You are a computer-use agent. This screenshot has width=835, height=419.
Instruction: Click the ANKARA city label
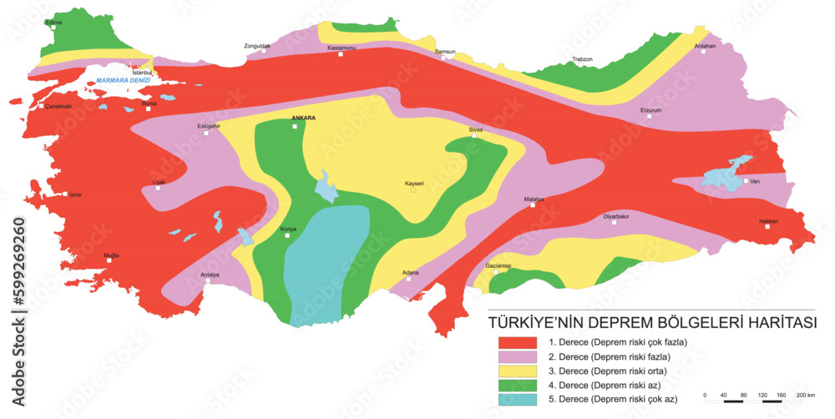point(303,119)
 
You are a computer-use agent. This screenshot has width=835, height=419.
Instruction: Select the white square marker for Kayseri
point(412,191)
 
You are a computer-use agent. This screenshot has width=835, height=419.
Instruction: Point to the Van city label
point(755,181)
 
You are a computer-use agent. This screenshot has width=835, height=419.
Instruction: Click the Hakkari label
point(768,221)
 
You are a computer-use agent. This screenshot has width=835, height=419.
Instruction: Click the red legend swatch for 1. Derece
point(517,342)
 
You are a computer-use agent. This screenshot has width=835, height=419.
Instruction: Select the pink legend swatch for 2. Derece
point(517,356)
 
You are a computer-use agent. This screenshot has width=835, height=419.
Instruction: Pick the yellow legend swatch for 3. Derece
point(517,371)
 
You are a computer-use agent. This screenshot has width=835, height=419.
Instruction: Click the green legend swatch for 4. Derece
point(517,385)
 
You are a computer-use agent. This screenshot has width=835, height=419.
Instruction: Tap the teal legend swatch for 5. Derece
point(517,400)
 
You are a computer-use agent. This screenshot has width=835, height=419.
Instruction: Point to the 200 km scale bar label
point(805,394)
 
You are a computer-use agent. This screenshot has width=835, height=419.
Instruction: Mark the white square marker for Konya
point(287,235)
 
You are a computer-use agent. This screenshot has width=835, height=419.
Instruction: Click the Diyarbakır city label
point(616,216)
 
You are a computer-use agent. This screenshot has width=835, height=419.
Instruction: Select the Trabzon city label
point(582,59)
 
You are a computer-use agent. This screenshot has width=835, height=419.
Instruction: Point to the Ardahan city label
point(706,46)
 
